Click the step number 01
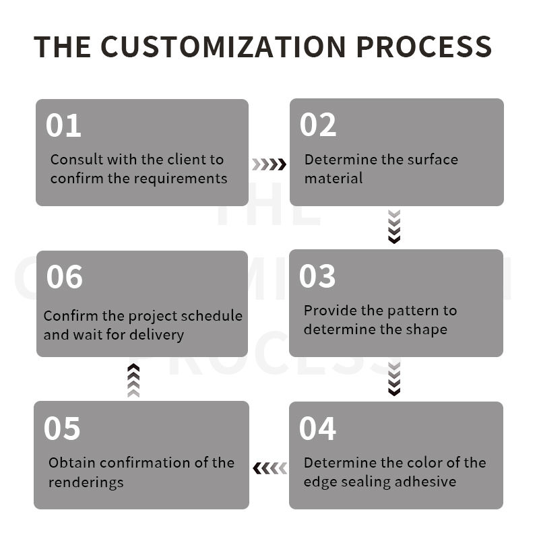click(63, 126)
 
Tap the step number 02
click(317, 125)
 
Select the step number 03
click(317, 276)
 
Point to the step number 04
click(317, 429)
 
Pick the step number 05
click(62, 429)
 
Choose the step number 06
click(64, 277)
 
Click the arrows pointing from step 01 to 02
click(269, 164)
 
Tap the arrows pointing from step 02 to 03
click(395, 226)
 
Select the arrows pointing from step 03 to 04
click(395, 379)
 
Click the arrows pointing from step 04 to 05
click(269, 468)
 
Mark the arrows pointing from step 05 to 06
click(133, 380)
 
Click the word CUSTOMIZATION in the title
click(223, 46)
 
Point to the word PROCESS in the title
click(424, 46)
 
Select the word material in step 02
click(334, 179)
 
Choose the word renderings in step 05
click(86, 482)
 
